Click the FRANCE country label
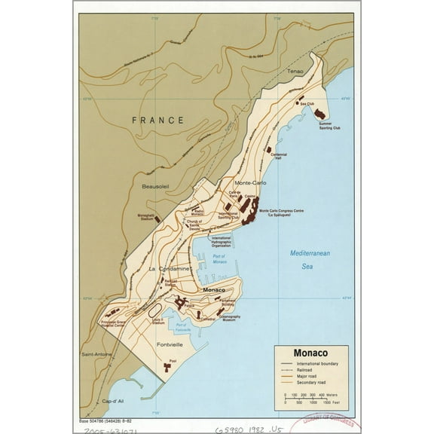157,120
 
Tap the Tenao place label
295,71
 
